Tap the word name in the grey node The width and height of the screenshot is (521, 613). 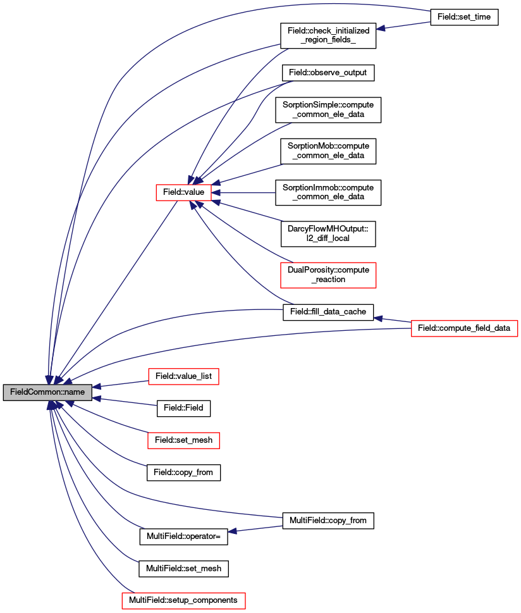[74, 393]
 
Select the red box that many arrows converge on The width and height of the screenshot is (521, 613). [183, 192]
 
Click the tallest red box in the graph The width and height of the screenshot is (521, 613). [328, 275]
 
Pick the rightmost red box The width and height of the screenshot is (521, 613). [464, 328]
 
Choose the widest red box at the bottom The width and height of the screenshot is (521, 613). [183, 600]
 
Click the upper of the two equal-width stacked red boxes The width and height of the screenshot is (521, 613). [183, 376]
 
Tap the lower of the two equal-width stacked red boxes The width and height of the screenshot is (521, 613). [183, 440]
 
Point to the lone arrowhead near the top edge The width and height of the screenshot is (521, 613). [381, 28]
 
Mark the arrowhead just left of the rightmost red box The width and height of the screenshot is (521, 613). [378, 318]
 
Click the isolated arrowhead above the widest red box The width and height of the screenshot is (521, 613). [233, 531]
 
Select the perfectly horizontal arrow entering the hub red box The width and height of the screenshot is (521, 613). [247, 192]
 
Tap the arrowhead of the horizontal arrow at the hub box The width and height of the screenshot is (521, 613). [216, 192]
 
